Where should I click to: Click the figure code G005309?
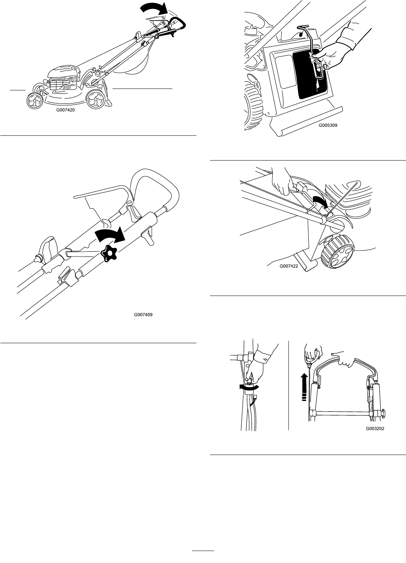(328, 126)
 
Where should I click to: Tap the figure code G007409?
(143, 315)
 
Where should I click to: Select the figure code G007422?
(288, 266)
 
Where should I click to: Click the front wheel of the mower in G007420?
(35, 100)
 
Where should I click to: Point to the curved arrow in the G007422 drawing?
(321, 203)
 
